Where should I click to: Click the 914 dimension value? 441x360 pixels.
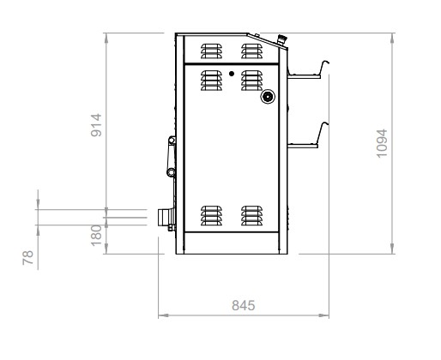click(96, 125)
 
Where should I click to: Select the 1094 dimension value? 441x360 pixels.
click(382, 143)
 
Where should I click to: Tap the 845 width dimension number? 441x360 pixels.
click(243, 305)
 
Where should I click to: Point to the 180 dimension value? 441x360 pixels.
click(96, 236)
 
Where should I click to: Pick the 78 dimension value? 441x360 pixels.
click(28, 258)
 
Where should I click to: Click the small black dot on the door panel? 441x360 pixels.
click(232, 74)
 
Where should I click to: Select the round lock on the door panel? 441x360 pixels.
click(268, 97)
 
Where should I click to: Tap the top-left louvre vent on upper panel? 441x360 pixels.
click(211, 51)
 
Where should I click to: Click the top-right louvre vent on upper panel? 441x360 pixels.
click(251, 51)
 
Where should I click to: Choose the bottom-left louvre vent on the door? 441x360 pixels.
click(211, 215)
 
